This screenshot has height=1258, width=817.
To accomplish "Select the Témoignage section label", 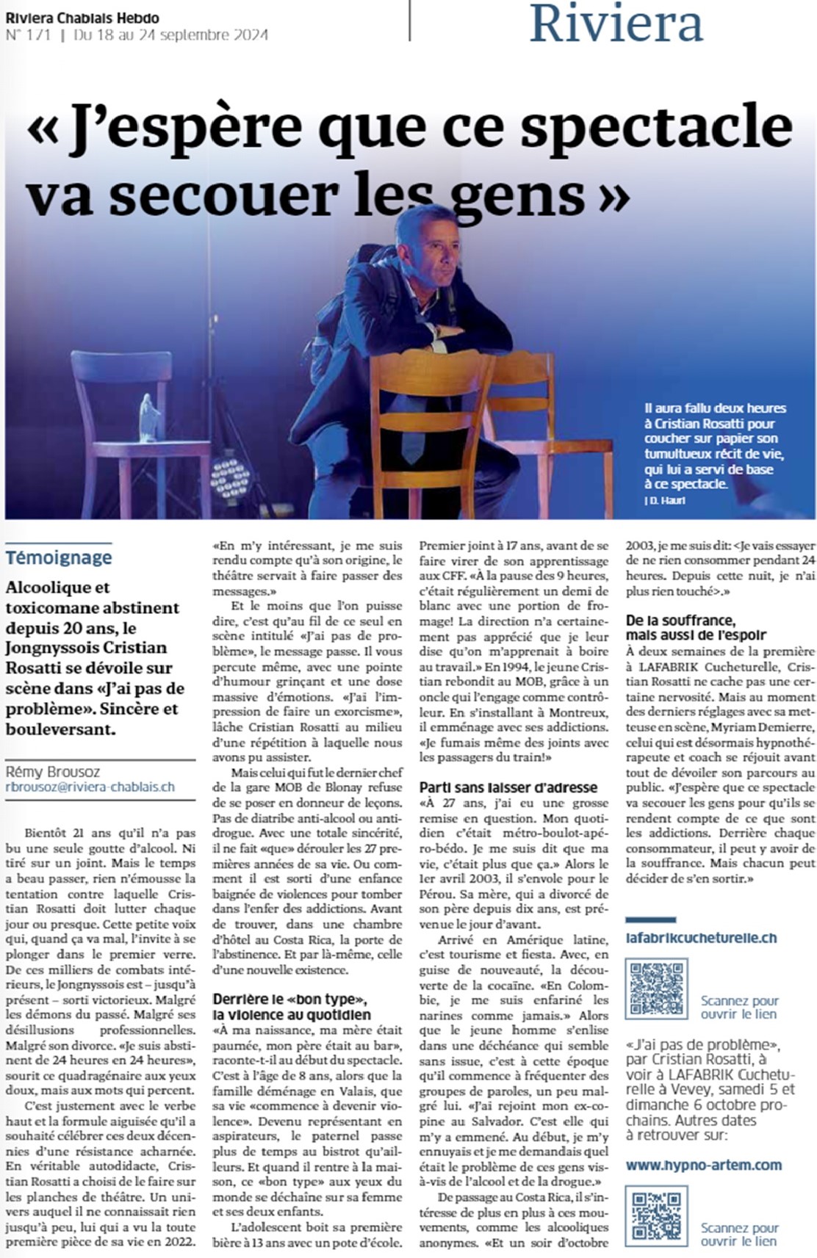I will (x=59, y=557).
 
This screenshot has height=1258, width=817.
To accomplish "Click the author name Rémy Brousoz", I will (x=53, y=772).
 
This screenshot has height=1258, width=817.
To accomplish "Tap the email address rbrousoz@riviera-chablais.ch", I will (x=90, y=787).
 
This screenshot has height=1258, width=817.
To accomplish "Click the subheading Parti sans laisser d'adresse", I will (x=508, y=787).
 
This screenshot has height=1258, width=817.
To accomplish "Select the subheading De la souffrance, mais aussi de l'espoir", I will (x=695, y=628).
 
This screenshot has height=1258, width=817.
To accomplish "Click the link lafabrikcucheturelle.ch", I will (x=701, y=938).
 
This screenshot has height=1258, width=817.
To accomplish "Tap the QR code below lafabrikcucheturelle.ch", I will (x=656, y=988).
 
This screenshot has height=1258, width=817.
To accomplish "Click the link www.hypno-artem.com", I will (x=703, y=1165).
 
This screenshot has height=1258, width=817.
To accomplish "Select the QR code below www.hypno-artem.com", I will (x=656, y=1215).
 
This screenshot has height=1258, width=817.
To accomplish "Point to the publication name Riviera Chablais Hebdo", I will (x=82, y=18).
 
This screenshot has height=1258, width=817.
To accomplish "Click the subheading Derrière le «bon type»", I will (x=292, y=1007).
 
